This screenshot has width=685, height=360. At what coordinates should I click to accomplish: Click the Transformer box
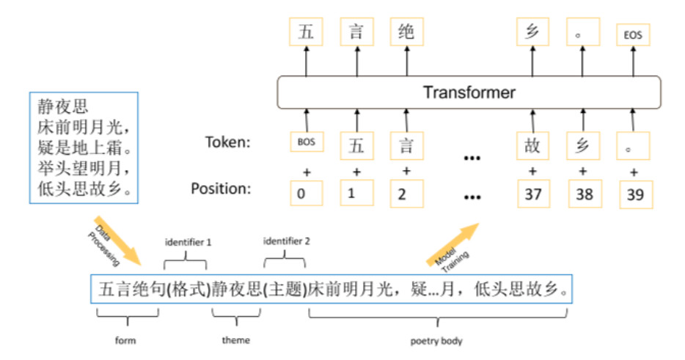coord(469,93)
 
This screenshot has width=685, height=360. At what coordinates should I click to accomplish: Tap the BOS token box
coord(307,142)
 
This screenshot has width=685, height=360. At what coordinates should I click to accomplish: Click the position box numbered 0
coord(307,193)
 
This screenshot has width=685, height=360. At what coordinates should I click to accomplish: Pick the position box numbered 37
coord(534,193)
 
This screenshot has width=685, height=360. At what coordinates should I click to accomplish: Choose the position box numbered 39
coord(634,193)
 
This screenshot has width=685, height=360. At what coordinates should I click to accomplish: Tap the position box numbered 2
coord(407,193)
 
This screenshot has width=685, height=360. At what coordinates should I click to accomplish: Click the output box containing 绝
coord(407,33)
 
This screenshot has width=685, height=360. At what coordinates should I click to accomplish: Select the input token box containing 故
coord(534,144)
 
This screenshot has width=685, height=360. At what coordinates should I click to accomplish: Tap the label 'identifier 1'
coord(187,240)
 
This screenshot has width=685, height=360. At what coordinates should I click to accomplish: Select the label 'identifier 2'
coord(286,240)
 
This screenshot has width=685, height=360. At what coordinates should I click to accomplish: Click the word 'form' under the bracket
coord(126,339)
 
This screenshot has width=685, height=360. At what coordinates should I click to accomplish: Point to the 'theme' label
coord(235,339)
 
